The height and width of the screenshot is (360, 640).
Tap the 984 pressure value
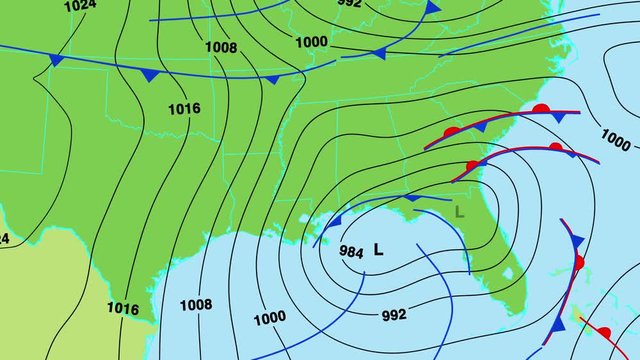click(352, 252)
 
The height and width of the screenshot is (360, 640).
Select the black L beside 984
click(378, 250)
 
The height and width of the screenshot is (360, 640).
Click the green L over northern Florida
click(459, 211)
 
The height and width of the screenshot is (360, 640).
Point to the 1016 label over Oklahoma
click(184, 108)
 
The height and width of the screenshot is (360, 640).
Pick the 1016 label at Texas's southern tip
click(122, 309)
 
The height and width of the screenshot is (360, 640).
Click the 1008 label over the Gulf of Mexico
click(196, 305)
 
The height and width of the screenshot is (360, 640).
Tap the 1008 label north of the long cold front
click(221, 47)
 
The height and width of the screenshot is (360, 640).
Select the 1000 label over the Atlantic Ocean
click(616, 139)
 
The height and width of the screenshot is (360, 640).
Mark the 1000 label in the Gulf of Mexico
click(269, 319)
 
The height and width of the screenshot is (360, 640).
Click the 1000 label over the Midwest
click(311, 41)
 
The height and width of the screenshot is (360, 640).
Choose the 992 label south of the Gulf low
click(394, 315)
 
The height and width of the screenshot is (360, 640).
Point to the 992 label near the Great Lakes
click(350, 3)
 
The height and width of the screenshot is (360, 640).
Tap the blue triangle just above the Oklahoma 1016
click(150, 75)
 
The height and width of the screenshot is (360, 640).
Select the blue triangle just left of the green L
click(409, 199)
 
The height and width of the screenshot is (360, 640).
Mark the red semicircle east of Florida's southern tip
click(578, 262)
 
